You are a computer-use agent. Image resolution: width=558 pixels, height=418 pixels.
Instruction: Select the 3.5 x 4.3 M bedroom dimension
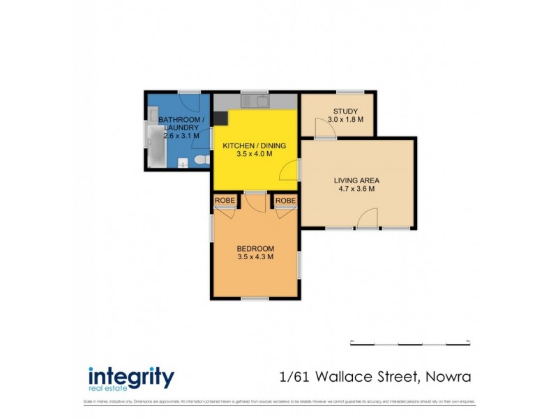coord(255,257)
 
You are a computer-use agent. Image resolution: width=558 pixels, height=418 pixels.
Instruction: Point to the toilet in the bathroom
coord(200,162)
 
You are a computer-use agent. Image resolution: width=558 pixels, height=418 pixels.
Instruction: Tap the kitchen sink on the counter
coord(255,102)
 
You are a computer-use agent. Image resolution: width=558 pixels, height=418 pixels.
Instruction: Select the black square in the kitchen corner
coord(220,117)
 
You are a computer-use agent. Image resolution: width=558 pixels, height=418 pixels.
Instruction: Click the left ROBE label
coord(225,201)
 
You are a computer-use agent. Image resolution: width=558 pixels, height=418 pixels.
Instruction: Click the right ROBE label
coord(285,201)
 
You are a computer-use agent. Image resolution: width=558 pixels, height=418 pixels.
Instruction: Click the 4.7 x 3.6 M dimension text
coord(356,189)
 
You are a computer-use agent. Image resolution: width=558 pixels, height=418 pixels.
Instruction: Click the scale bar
coord(409,343)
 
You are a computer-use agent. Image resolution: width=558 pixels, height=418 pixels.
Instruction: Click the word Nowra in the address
coord(446,378)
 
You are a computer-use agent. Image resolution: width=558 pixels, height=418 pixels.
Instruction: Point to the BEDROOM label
coord(255,249)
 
